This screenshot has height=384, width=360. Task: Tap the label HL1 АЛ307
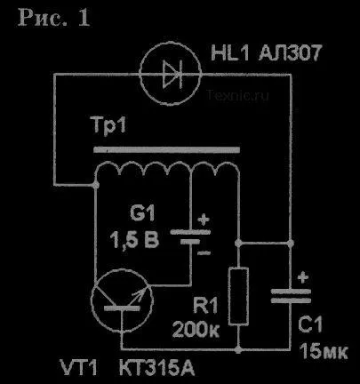[x=266, y=53]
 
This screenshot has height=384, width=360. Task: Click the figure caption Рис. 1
[x=53, y=18]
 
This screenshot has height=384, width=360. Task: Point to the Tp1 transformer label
[x=109, y=125]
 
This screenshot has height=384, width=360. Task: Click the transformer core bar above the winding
[x=166, y=149]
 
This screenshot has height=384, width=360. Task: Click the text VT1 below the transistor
[x=79, y=367]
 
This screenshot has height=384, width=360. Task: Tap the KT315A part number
[x=156, y=367]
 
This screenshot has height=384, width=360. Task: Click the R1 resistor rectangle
[x=238, y=296]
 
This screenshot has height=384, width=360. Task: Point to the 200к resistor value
[x=196, y=329]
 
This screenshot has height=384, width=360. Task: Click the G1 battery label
[x=142, y=212]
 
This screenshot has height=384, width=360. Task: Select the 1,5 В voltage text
[x=134, y=239]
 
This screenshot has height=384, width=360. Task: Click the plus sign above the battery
[x=204, y=220]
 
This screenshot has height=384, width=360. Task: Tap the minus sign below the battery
[x=204, y=252]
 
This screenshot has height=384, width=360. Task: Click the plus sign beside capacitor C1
[x=302, y=278]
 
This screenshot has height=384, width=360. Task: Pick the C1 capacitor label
[x=310, y=324]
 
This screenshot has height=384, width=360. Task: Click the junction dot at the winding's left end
[x=96, y=186]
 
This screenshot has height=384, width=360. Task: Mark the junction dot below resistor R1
[x=238, y=349]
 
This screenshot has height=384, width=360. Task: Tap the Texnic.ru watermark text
[x=238, y=95]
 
